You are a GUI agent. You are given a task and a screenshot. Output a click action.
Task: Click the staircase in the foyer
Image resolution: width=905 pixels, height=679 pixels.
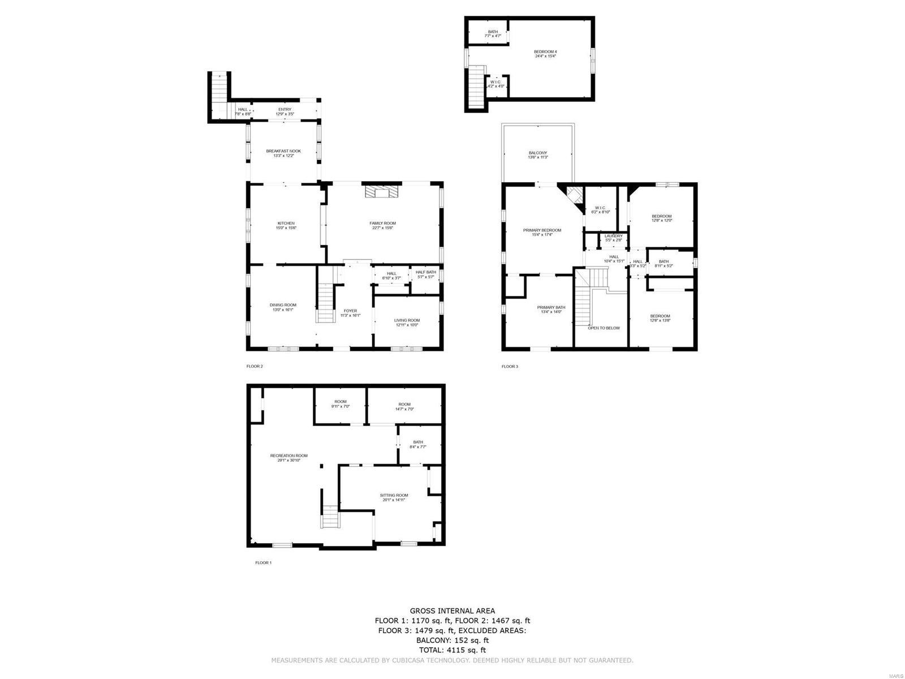tap(325, 303)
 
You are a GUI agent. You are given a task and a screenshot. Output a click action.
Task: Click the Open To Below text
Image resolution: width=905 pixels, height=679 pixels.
tap(604, 328)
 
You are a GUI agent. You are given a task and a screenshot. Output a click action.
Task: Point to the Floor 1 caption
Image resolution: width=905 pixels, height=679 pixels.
tap(264, 563)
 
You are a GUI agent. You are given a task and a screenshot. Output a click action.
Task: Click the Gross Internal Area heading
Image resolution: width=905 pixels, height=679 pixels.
tap(452, 611)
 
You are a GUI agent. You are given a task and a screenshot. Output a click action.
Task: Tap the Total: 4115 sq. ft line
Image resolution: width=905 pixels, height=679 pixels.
tap(452, 651)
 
